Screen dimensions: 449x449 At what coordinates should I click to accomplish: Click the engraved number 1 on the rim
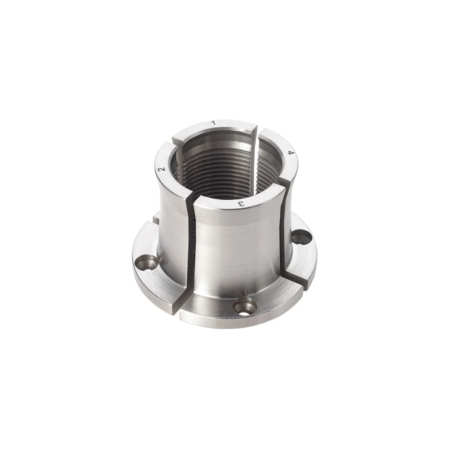point(213,123)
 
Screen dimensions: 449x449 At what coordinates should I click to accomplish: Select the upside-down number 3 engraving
point(241,204)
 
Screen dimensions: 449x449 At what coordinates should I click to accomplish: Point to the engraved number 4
point(291,153)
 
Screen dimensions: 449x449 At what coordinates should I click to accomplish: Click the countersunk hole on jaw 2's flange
point(146,263)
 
